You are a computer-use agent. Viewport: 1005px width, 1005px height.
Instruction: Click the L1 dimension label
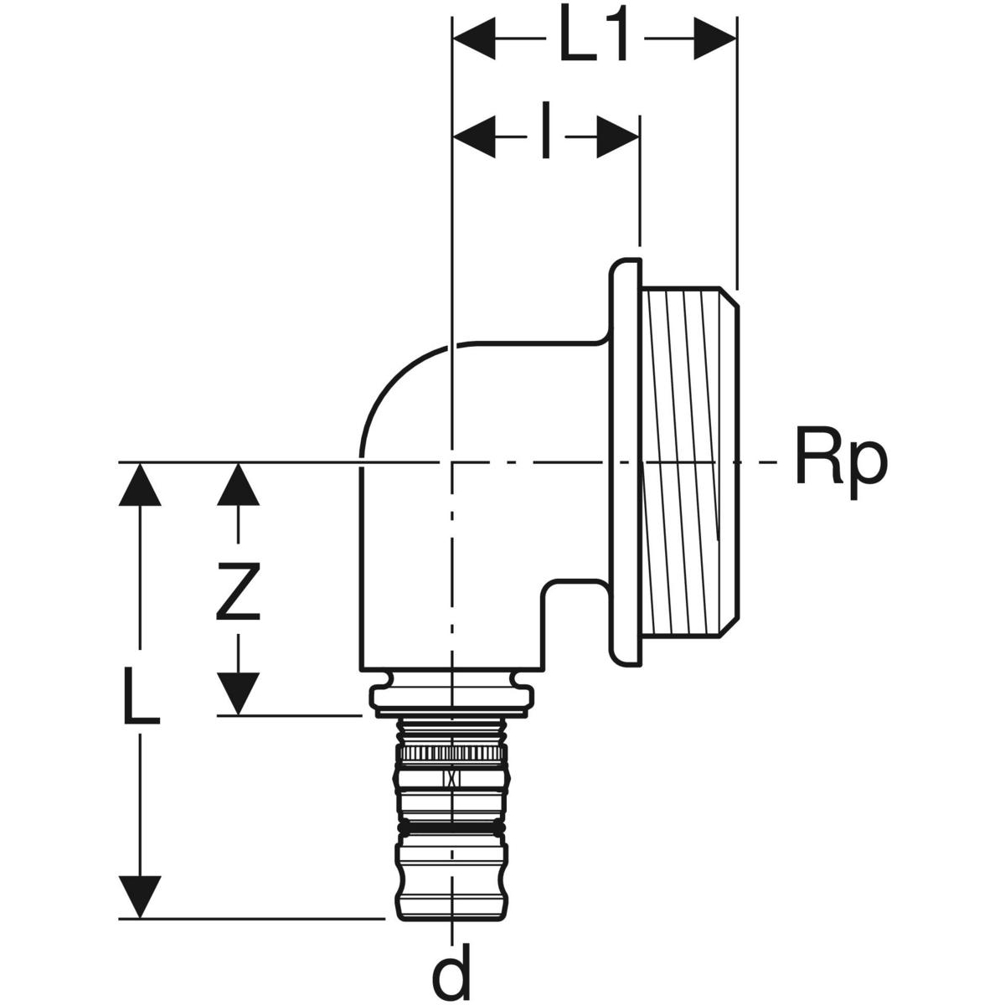click(593, 38)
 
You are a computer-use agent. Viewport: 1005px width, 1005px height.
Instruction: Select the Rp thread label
click(838, 462)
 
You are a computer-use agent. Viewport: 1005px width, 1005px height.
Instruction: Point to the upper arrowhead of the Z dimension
click(239, 484)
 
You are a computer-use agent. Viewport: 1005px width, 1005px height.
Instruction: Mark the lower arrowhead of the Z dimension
click(239, 692)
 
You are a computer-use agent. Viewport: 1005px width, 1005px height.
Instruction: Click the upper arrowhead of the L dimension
click(139, 485)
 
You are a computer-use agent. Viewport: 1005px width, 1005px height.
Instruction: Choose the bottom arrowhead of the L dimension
click(139, 895)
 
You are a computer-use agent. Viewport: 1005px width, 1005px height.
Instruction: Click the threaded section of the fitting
click(688, 461)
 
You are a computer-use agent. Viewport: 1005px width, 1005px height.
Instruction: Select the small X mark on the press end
click(452, 778)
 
